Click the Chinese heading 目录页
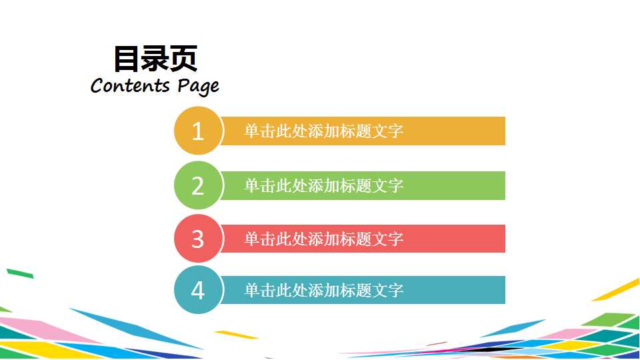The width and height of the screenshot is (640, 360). pos(155,59)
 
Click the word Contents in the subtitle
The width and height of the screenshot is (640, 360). pos(130,85)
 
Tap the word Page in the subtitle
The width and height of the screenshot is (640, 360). pos(198,87)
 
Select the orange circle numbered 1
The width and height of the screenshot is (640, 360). pos(197,131)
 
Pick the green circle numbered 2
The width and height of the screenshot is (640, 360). pos(197,185)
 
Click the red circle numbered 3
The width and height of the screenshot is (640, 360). pos(197,239)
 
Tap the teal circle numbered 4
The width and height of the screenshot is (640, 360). pos(197,290)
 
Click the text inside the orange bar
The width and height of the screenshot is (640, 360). pos(323,131)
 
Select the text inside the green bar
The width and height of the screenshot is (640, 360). pos(323,185)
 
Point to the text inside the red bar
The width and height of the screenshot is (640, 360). pos(323,239)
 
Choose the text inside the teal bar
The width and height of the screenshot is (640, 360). pos(323,290)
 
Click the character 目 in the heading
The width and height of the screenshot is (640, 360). pos(126,59)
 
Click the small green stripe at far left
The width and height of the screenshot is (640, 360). pos(19,273)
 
